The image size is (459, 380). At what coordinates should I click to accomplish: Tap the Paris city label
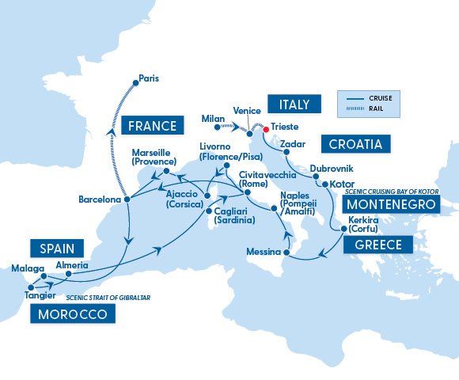pyautogui.click(x=149, y=78)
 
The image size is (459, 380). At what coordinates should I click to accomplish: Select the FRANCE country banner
pyautogui.click(x=150, y=124)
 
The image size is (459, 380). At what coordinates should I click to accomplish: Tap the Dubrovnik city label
pyautogui.click(x=332, y=169)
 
